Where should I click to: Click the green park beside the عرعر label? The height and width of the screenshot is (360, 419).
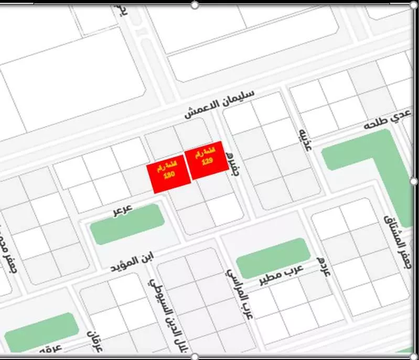click(127, 224)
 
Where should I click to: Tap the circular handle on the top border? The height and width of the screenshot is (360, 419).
click(195, 5)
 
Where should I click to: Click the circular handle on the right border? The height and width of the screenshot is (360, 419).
click(414, 181)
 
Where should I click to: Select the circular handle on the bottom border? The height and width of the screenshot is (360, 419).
click(195, 357)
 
